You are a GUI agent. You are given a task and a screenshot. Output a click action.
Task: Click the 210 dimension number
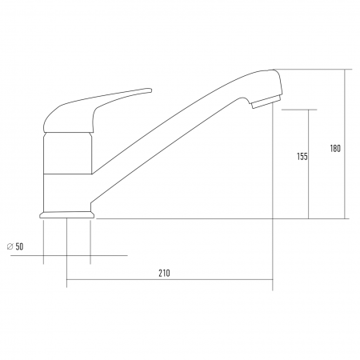[x=164, y=273]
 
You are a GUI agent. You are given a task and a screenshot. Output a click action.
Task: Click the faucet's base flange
[x=66, y=214]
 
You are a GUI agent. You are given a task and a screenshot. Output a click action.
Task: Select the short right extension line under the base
[x=90, y=240]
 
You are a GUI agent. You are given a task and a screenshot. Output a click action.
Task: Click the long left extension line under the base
[x=66, y=252]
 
